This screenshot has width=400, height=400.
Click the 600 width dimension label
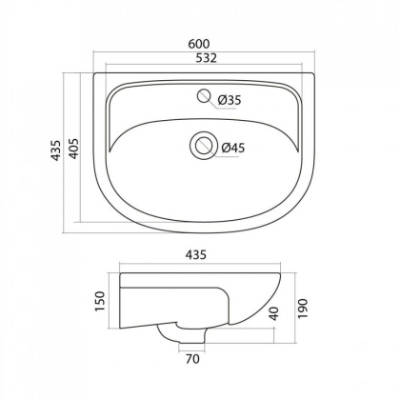coord(199,44)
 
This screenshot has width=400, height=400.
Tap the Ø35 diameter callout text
coord(230,100)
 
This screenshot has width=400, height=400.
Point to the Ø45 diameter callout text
coord(233,148)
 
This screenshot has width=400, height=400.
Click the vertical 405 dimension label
coord(74,149)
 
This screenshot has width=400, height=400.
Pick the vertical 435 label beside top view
coord(56,150)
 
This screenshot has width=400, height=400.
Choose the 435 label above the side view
coord(196,255)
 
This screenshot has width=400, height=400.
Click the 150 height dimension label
coord(100,301)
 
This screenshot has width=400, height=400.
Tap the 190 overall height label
coord(303,309)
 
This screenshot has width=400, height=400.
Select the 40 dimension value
coord(273,313)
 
